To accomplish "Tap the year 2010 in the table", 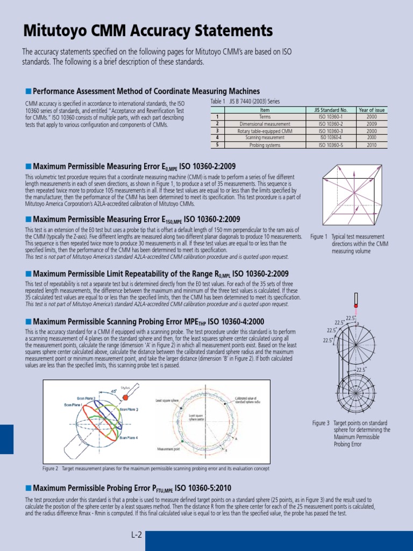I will (372, 145).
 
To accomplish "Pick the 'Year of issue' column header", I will (372, 110).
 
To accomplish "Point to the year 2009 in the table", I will (372, 124).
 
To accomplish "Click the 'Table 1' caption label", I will (218, 101).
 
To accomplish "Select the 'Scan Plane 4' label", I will (129, 438).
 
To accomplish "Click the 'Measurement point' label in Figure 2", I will (168, 448).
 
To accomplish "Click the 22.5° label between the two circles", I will (361, 370).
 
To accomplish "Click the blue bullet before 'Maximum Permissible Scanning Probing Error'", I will (29, 321).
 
